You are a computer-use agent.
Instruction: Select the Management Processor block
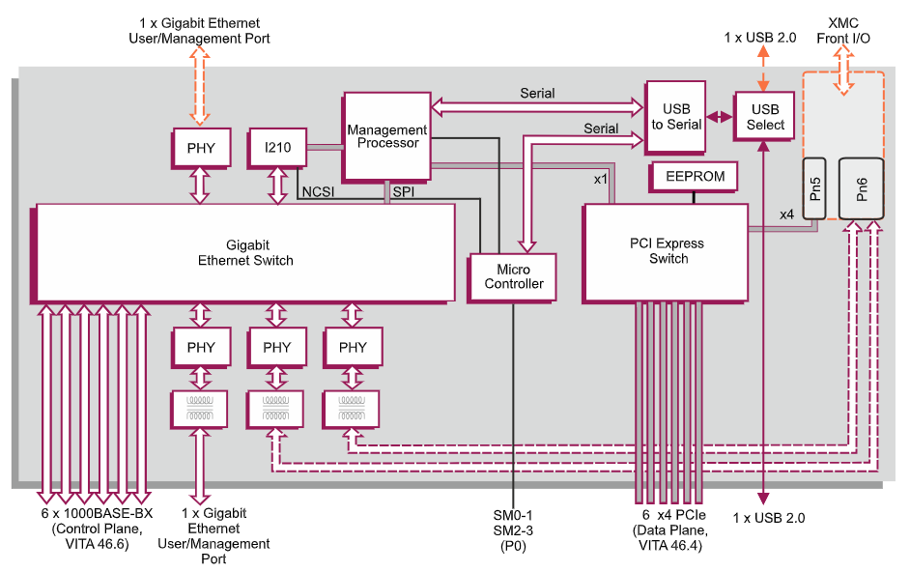click(x=386, y=136)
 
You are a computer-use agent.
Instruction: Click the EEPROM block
click(x=696, y=177)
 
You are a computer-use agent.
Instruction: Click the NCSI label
click(x=319, y=192)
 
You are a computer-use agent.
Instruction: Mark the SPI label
click(x=403, y=192)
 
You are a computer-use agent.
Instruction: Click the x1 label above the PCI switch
click(x=600, y=179)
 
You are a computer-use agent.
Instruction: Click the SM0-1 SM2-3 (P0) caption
click(x=513, y=529)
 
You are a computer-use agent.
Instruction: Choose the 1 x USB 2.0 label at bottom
click(x=769, y=518)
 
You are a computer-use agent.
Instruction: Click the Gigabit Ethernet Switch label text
click(x=245, y=252)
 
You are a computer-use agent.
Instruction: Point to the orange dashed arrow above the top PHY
click(x=200, y=87)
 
